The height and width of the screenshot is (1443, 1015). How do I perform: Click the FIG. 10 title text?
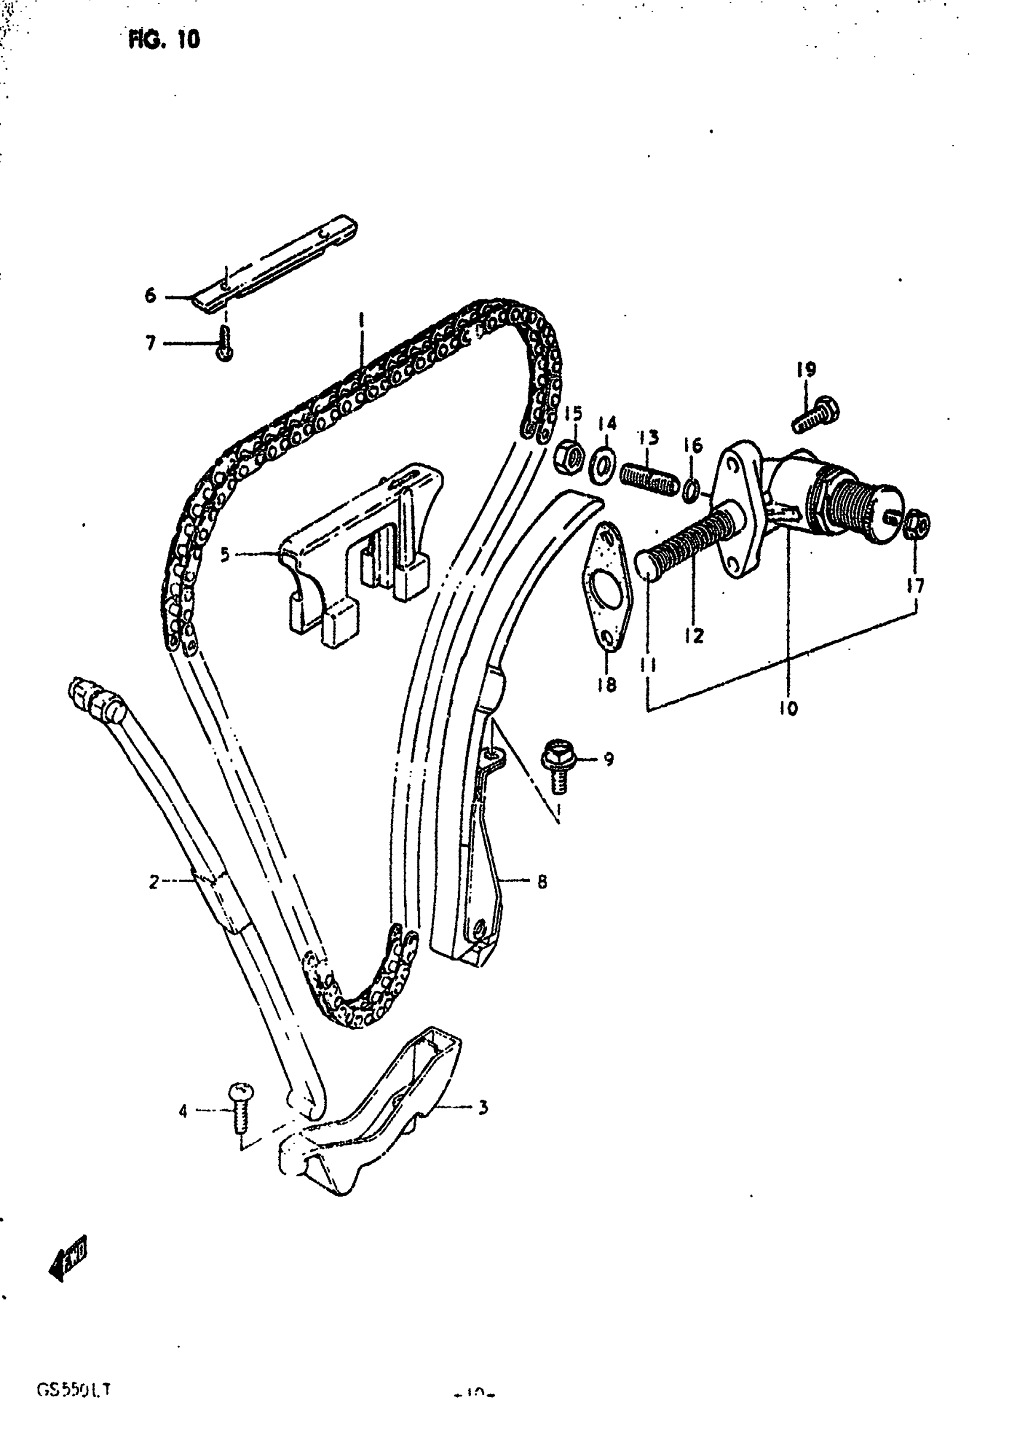[164, 39]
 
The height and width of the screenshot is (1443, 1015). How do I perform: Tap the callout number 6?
[150, 295]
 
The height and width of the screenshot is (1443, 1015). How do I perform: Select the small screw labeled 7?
[224, 344]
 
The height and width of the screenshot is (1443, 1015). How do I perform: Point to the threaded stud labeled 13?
[649, 479]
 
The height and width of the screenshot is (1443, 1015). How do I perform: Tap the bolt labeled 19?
[814, 415]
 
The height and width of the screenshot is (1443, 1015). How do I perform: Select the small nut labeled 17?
[918, 525]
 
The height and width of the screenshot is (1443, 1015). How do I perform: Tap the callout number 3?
[482, 1107]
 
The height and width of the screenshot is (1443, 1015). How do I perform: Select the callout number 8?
[542, 882]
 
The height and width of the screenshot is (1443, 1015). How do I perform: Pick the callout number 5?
[225, 554]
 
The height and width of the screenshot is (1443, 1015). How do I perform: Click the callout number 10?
[789, 708]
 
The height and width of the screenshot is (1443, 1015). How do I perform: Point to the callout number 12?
[694, 636]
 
